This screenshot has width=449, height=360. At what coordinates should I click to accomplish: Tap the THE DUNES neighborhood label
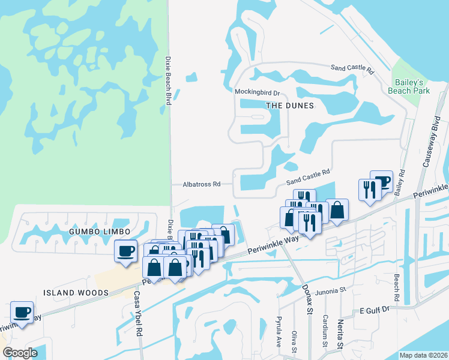tap(290, 106)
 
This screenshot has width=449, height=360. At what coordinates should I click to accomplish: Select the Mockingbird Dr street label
tap(257, 92)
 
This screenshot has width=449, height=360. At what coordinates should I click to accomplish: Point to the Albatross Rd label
tap(202, 185)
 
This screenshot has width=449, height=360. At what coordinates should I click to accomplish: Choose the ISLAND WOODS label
tap(76, 293)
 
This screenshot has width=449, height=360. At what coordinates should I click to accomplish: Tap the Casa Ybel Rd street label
tap(137, 313)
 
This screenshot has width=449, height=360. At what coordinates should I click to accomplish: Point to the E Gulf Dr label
tap(375, 309)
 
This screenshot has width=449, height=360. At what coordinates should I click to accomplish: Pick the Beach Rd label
tap(397, 289)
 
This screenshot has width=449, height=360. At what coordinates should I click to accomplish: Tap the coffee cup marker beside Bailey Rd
tap(381, 181)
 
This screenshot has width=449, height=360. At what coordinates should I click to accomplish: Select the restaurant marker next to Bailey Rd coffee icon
tap(368, 189)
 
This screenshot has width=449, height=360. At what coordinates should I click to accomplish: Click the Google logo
tap(20, 353)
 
